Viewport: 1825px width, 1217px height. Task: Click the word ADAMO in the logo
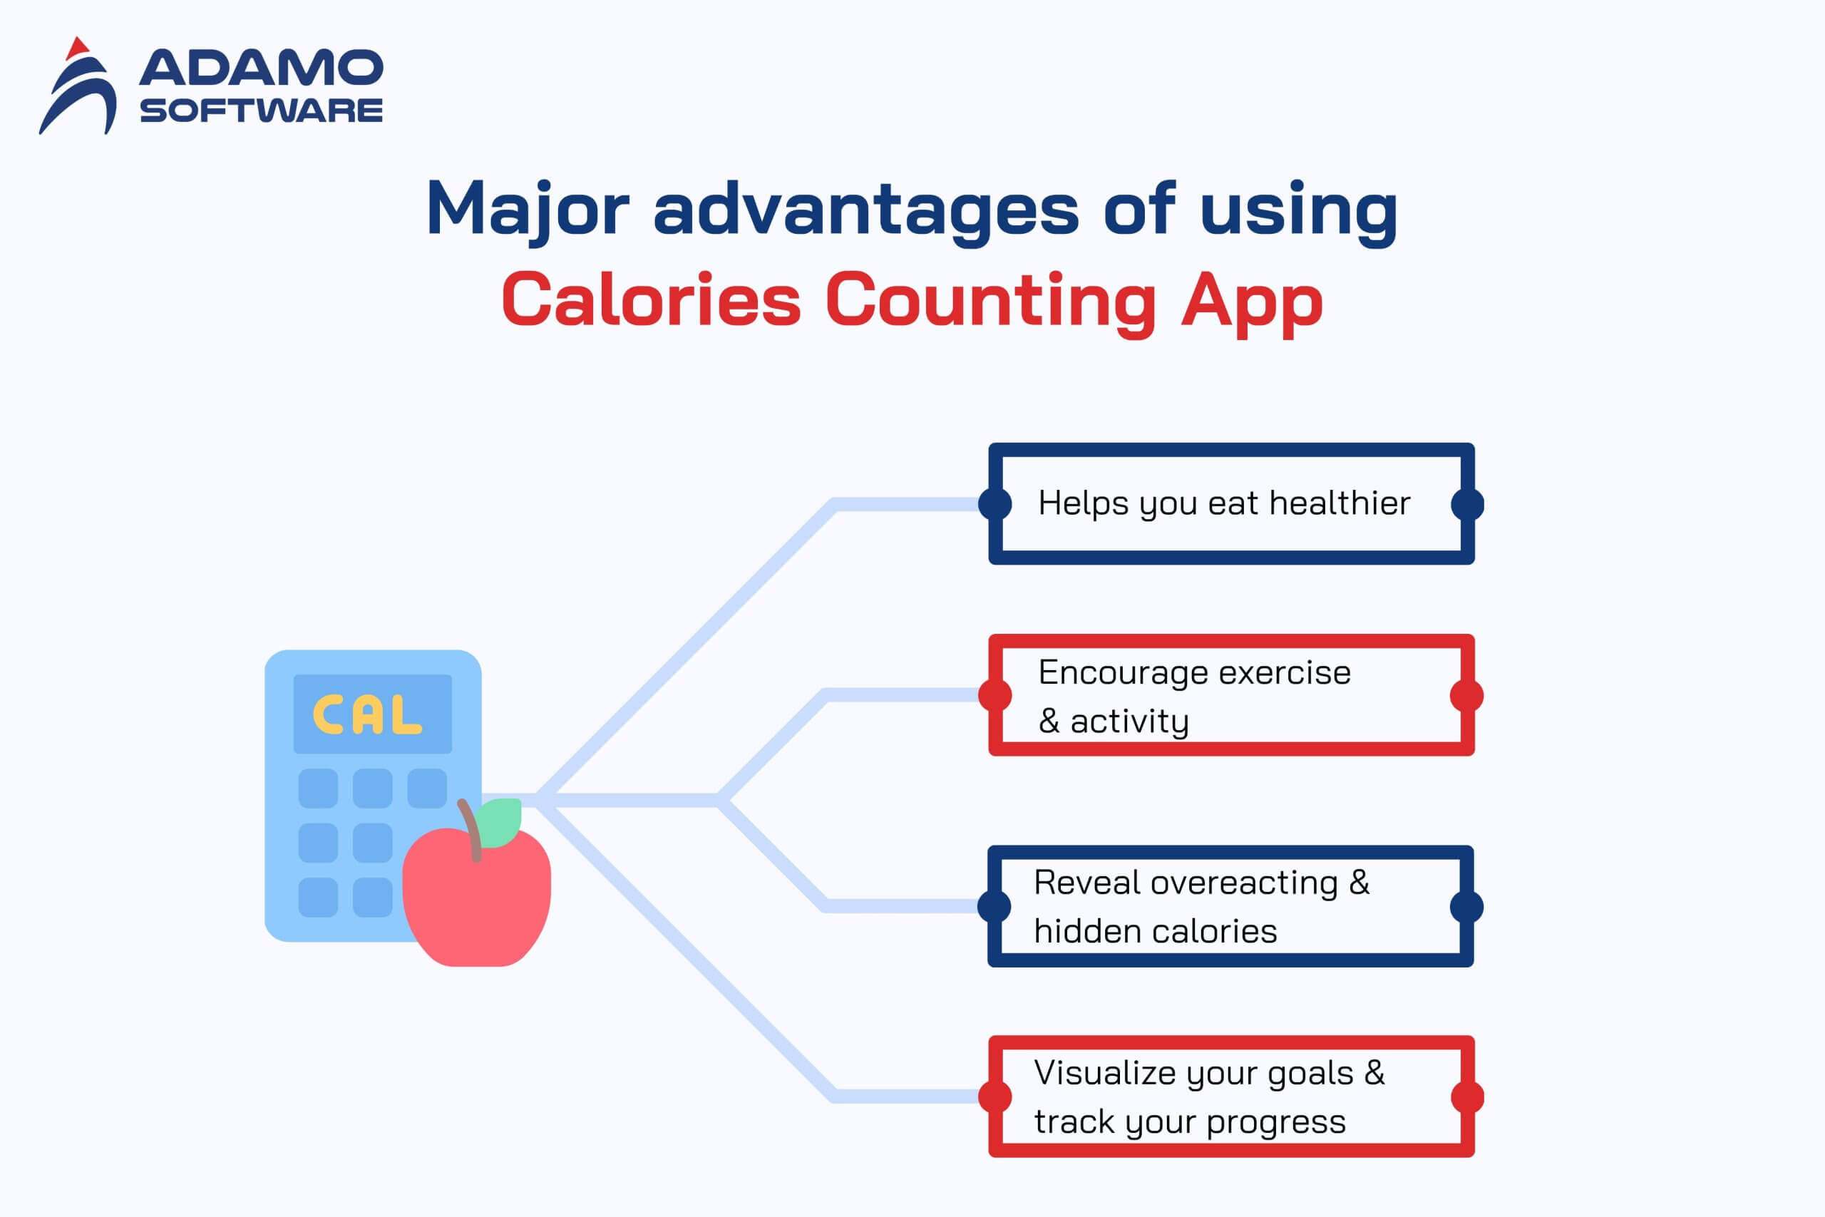tap(261, 68)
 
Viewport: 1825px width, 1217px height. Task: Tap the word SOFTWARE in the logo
tap(261, 111)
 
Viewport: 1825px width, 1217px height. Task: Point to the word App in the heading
tap(1252, 304)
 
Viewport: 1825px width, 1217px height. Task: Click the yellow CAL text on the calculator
tap(367, 715)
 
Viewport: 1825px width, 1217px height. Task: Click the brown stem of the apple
tap(471, 831)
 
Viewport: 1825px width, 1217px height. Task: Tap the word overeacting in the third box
tap(1244, 883)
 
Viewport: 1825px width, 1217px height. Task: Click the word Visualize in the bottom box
tap(1106, 1073)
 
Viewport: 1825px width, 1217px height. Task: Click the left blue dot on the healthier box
tap(995, 504)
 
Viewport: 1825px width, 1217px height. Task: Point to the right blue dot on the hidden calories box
tap(1466, 907)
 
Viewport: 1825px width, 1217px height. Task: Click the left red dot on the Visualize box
tap(995, 1097)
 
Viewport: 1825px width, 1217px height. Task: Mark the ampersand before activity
tap(1049, 721)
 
